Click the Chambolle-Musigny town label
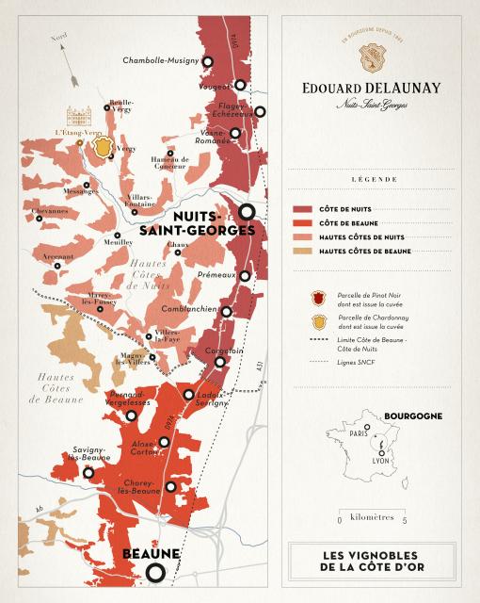click(x=162, y=61)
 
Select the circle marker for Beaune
click(x=156, y=571)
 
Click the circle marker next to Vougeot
click(x=240, y=84)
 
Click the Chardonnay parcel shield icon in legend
click(x=318, y=322)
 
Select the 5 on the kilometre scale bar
click(x=404, y=519)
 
